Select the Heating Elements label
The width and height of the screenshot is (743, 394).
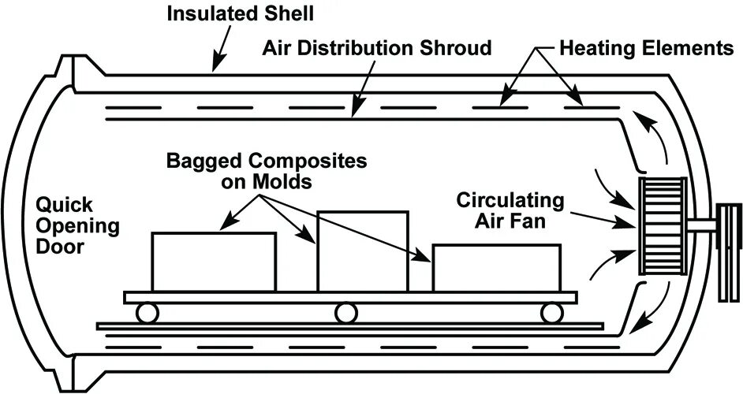pyautogui.click(x=646, y=48)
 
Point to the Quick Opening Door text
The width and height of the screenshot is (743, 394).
pyautogui.click(x=77, y=227)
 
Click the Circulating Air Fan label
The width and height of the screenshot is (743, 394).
pyautogui.click(x=510, y=210)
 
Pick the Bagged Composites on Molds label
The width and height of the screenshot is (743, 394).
pyautogui.click(x=267, y=171)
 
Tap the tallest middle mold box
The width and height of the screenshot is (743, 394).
pyautogui.click(x=362, y=251)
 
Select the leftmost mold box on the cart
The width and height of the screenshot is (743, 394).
pyautogui.click(x=214, y=262)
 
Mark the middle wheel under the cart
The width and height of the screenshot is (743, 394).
pyautogui.click(x=344, y=312)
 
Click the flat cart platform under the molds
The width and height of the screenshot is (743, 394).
pyautogui.click(x=350, y=297)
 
